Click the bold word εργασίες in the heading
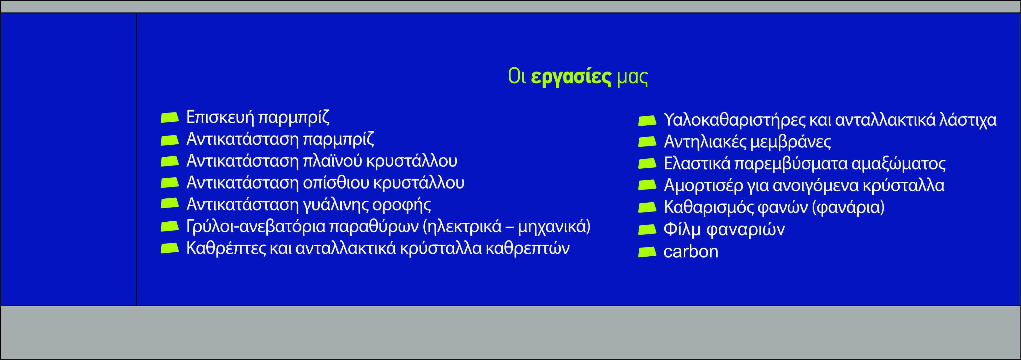[x=571, y=76]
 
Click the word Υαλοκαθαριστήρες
[x=734, y=120]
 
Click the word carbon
[x=691, y=252]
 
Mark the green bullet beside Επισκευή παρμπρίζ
[x=170, y=118]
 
